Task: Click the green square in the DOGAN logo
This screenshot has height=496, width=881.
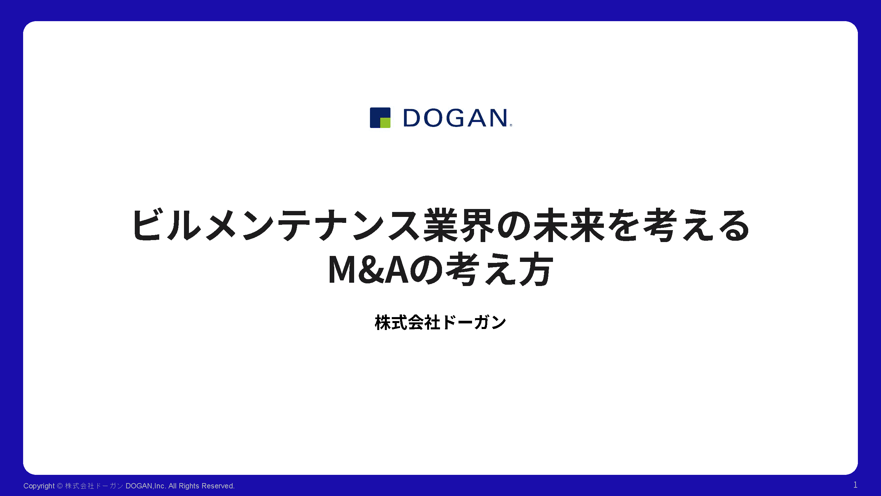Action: (x=385, y=123)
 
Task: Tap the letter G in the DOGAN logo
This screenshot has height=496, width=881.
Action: (x=455, y=118)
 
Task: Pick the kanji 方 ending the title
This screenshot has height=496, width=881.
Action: (x=535, y=269)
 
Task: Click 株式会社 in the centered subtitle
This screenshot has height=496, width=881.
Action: (x=407, y=322)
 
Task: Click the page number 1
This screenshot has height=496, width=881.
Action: (x=855, y=485)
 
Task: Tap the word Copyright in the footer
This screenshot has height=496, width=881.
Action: (x=39, y=486)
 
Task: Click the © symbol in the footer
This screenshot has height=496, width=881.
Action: (x=59, y=486)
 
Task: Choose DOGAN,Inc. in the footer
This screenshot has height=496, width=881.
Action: (x=146, y=486)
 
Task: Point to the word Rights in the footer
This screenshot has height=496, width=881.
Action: (x=189, y=486)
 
